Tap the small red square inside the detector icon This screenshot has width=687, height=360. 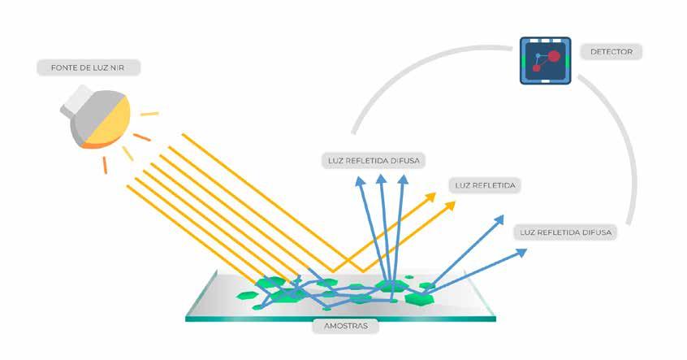537,70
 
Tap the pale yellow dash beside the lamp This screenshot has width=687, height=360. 149,113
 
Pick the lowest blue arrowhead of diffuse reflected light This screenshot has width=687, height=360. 520,252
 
